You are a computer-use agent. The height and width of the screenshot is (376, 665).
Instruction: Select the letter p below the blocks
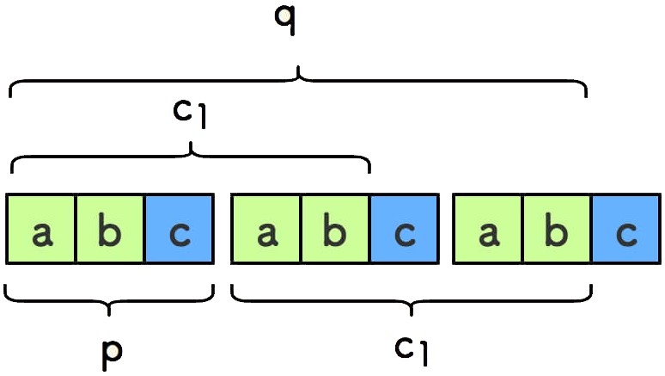pos(110,351)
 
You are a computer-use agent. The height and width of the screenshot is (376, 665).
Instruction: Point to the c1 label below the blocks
pos(412,348)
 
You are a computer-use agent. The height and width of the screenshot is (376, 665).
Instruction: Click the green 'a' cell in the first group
pos(40,229)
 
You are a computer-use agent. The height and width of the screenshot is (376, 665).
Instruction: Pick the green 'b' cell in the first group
pos(110,229)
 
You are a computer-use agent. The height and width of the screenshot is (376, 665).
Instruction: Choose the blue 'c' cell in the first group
pos(179,229)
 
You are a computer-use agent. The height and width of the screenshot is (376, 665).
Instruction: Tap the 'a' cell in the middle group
pos(266,229)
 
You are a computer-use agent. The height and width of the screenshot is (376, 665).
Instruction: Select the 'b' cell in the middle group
pos(335,229)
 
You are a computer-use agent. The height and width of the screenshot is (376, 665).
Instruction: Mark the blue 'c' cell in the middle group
pos(405,229)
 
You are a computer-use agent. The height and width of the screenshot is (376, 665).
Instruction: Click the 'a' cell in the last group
pos(487,229)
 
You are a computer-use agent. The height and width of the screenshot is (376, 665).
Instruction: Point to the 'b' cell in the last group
pos(557,229)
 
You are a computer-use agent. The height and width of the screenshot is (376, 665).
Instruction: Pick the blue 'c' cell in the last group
pos(626,229)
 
